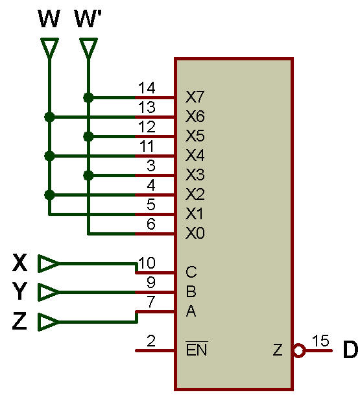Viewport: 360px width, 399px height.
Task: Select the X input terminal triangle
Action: pos(49,263)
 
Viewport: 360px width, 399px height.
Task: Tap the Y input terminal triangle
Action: pos(49,292)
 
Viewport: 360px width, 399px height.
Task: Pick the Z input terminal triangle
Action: pos(49,322)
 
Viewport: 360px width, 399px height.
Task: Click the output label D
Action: pos(350,350)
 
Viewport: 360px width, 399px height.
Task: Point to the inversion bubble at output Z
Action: pos(299,350)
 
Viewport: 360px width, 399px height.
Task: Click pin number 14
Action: pos(147,88)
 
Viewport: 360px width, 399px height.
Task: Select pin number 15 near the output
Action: pos(320,341)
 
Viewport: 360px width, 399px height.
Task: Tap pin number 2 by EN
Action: pos(151,341)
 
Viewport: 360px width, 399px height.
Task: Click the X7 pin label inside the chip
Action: pos(195,97)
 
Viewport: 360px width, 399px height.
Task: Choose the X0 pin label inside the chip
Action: pos(195,233)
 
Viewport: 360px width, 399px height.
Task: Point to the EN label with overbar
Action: pos(197,348)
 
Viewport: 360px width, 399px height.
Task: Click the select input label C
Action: pos(191,272)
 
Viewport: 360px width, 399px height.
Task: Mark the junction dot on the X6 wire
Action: pos(49,117)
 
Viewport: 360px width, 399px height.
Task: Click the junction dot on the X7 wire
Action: pos(88,98)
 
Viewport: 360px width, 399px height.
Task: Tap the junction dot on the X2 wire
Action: pos(49,195)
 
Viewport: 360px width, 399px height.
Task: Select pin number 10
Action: pos(147,263)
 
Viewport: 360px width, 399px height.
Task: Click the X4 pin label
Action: pos(195,155)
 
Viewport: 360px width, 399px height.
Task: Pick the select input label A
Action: pos(191,311)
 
